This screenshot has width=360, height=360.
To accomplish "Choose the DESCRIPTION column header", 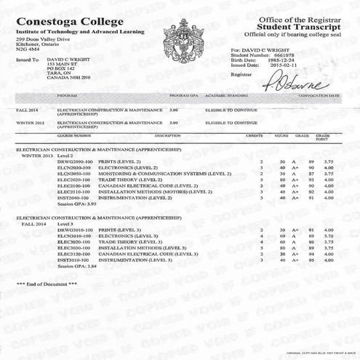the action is click(167, 135).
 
